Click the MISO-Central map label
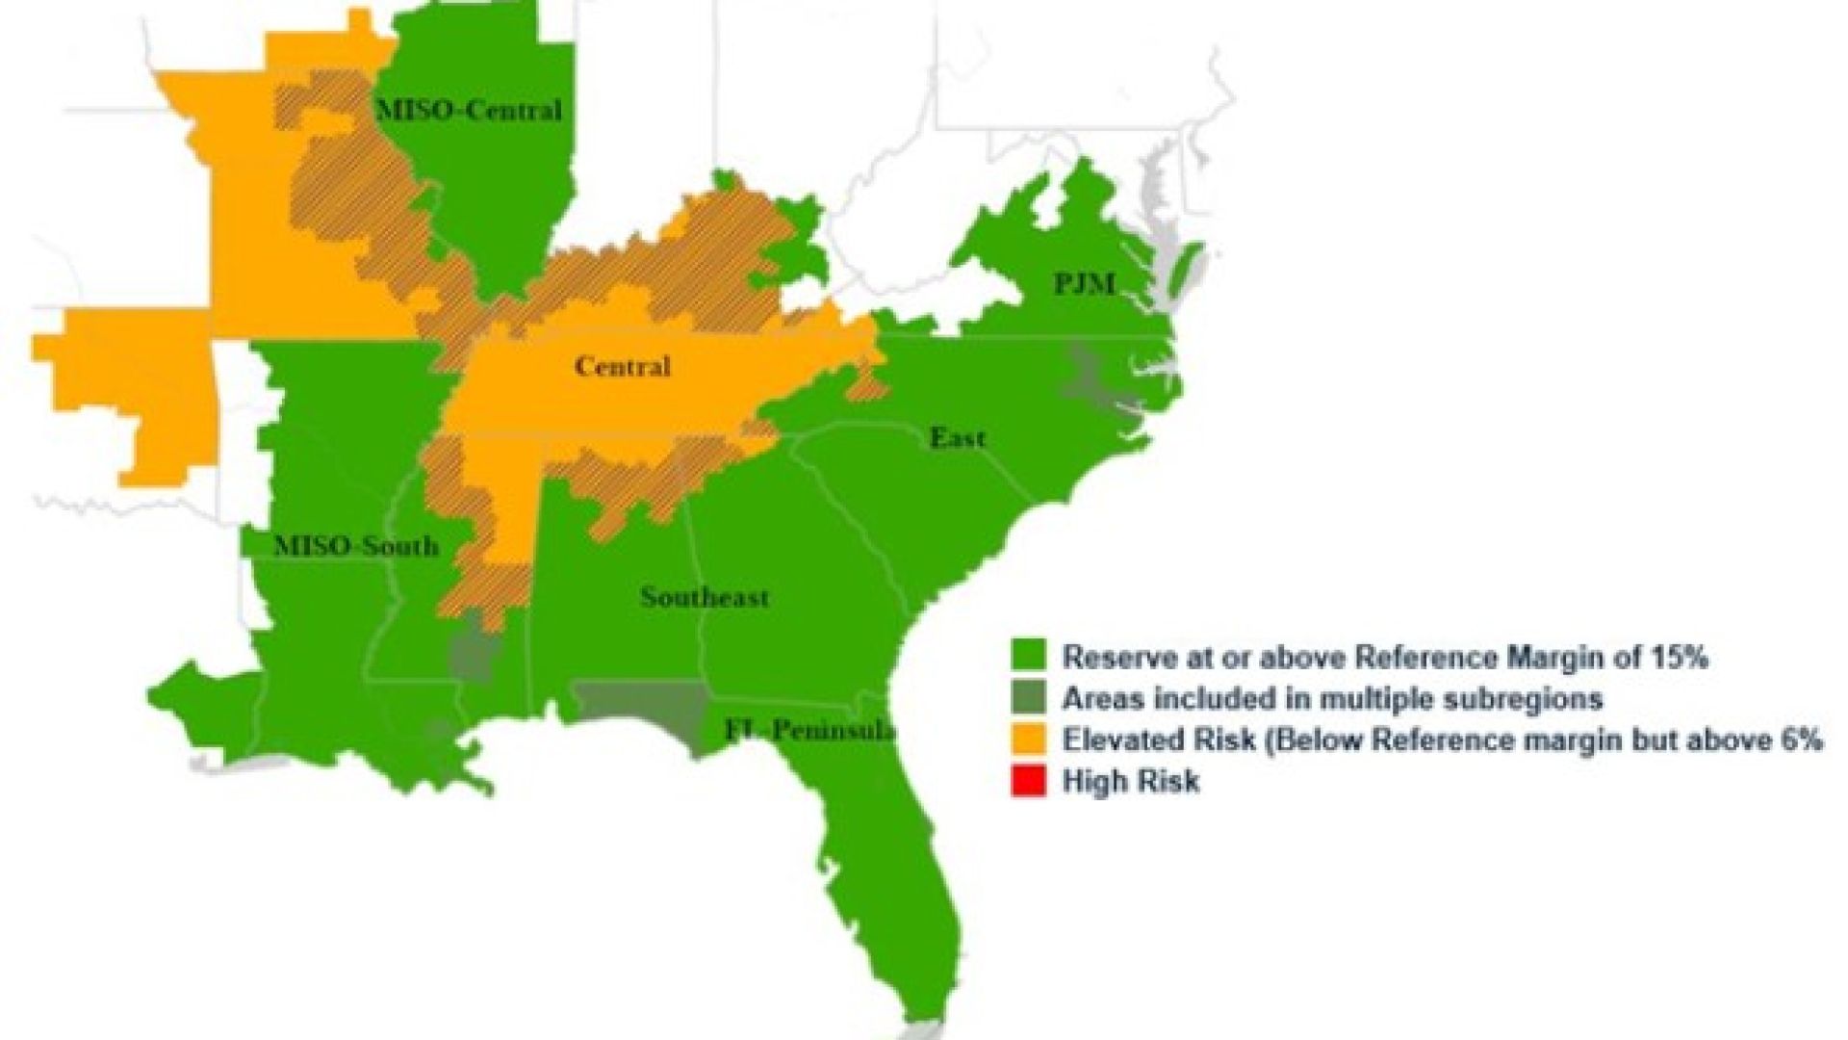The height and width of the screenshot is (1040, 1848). click(469, 111)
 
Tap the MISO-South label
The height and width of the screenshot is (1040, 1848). click(356, 547)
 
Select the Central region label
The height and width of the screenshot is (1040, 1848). click(623, 367)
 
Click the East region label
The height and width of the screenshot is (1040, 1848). click(957, 439)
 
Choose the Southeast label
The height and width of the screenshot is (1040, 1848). click(705, 597)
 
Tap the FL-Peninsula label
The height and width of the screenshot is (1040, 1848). click(809, 730)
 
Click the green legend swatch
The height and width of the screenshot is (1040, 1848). click(1027, 658)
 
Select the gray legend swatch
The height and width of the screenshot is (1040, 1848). click(1027, 698)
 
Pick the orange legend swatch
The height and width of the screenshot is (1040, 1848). click(1027, 740)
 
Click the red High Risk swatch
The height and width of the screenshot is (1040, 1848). click(1027, 780)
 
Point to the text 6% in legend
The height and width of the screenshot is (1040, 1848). click(1797, 741)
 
